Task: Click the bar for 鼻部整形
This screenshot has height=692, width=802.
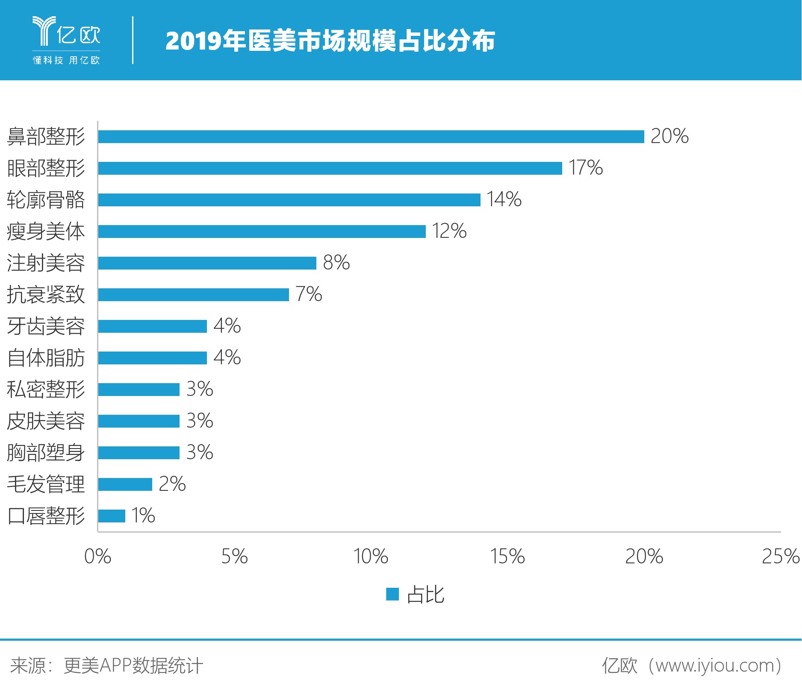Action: [x=371, y=137]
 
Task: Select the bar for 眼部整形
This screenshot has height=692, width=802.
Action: [x=330, y=168]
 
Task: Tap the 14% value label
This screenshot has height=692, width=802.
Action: [x=504, y=199]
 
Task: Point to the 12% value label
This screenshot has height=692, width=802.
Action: [x=449, y=231]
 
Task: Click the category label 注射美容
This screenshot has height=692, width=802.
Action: [x=46, y=263]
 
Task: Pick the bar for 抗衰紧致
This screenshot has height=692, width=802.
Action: [x=193, y=295]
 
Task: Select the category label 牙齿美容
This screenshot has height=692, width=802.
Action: [x=46, y=326]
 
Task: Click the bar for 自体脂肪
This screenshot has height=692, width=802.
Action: [x=152, y=358]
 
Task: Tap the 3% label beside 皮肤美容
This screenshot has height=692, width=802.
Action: [x=200, y=421]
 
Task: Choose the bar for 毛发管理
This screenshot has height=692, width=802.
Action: [x=125, y=484]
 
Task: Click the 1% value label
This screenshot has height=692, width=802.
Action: [x=143, y=516]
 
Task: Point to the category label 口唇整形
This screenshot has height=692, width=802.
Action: [x=46, y=516]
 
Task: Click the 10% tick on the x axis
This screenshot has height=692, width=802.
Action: [x=371, y=557]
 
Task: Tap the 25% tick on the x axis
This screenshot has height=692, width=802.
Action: [x=780, y=557]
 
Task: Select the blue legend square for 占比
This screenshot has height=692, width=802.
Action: [x=392, y=594]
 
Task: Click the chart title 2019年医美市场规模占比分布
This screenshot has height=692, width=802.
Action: [x=330, y=41]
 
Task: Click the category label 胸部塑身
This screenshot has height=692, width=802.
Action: [x=46, y=453]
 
